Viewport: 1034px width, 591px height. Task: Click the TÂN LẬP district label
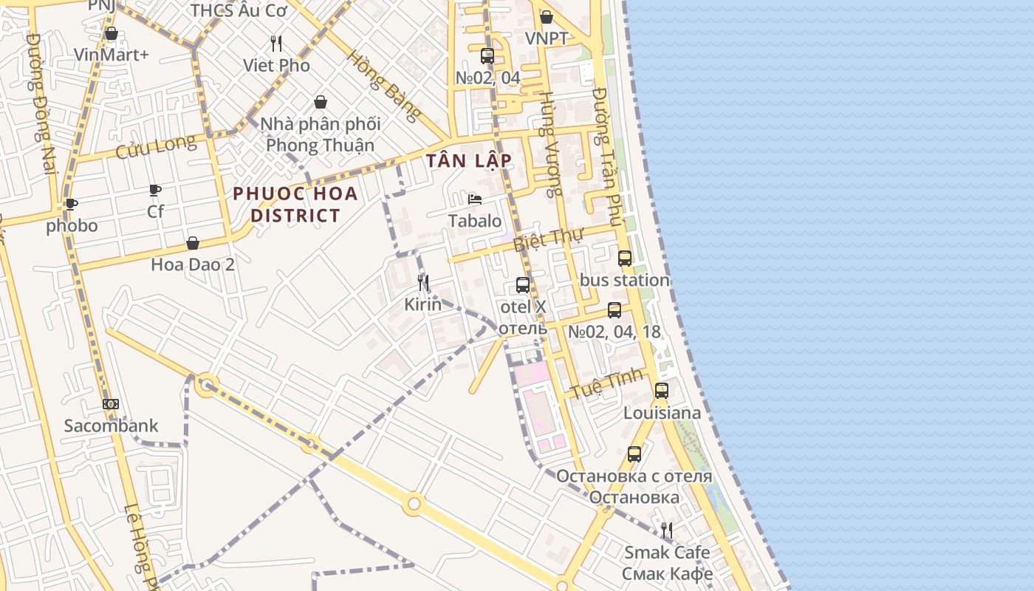pyautogui.click(x=468, y=160)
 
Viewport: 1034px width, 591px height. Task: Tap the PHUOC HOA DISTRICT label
pyautogui.click(x=295, y=205)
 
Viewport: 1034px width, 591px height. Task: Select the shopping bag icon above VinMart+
pyautogui.click(x=112, y=33)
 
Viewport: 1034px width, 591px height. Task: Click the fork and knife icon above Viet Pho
pyautogui.click(x=276, y=44)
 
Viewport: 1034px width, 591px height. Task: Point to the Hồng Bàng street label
pyautogui.click(x=384, y=85)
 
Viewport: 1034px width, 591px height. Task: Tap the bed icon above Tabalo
pyautogui.click(x=475, y=199)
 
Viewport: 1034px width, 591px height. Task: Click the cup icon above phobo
pyautogui.click(x=71, y=204)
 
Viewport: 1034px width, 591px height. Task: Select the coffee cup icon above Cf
pyautogui.click(x=155, y=191)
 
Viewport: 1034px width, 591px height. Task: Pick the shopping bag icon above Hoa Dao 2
pyautogui.click(x=193, y=243)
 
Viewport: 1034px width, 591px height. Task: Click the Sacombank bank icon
pyautogui.click(x=111, y=404)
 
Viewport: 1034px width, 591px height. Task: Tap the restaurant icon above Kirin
pyautogui.click(x=423, y=282)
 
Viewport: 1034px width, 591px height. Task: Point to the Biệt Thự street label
pyautogui.click(x=548, y=239)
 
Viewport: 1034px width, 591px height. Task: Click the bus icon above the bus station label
pyautogui.click(x=625, y=259)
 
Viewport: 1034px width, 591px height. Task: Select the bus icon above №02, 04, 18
pyautogui.click(x=614, y=310)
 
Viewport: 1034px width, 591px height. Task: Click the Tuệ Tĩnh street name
pyautogui.click(x=604, y=385)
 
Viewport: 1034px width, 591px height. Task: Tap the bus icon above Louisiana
pyautogui.click(x=662, y=391)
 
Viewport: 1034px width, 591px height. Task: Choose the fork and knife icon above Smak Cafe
pyautogui.click(x=667, y=530)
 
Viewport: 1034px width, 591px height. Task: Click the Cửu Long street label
pyautogui.click(x=157, y=146)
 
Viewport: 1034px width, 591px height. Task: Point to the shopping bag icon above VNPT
pyautogui.click(x=547, y=17)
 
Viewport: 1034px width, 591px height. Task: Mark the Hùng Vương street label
pyautogui.click(x=547, y=144)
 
